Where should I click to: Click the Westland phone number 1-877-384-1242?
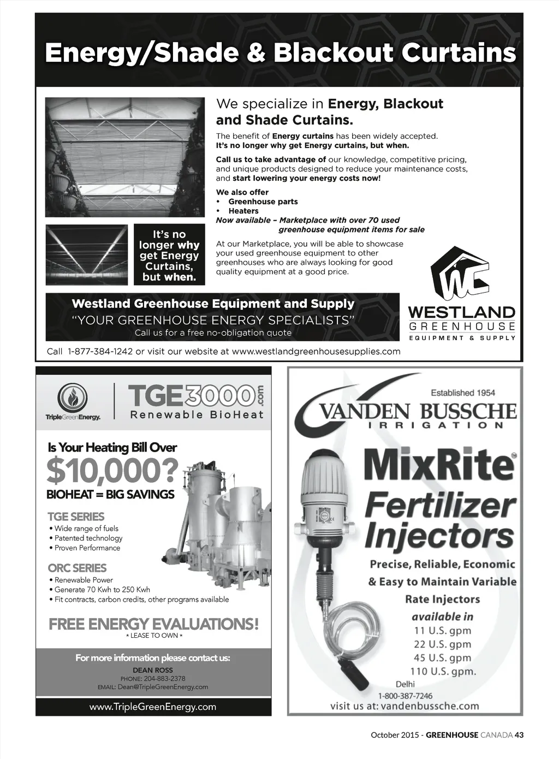click(100, 352)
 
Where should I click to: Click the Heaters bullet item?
click(243, 211)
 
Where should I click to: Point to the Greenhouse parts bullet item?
click(263, 201)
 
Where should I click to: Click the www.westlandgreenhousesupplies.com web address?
click(316, 352)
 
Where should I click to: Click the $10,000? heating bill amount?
click(112, 471)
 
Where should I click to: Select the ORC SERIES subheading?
click(77, 568)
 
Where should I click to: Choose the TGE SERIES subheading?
click(76, 516)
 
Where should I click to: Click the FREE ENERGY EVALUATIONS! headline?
click(153, 624)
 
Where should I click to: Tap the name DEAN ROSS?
click(153, 670)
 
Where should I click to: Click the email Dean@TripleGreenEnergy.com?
click(163, 687)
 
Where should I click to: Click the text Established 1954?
click(463, 393)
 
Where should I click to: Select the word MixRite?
click(439, 465)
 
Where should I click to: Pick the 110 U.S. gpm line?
click(443, 671)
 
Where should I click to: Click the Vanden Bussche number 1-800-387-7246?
click(405, 696)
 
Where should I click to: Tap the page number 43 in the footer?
click(519, 735)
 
